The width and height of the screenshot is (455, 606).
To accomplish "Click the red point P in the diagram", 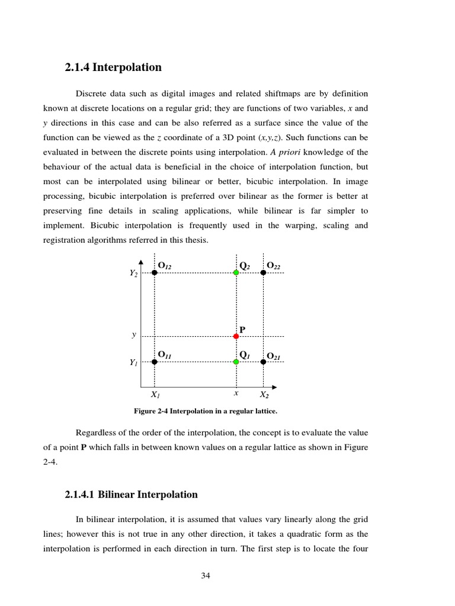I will coord(236,336).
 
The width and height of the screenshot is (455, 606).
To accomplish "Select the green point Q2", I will coord(236,272).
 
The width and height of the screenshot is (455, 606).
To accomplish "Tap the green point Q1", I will coord(236,362).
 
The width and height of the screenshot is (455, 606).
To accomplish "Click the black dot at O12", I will coord(155,272).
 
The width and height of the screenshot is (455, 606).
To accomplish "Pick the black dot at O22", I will coord(264,272).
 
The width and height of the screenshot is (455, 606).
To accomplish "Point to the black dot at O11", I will coord(155,362).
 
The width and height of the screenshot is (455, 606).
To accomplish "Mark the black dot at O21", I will coord(264,362).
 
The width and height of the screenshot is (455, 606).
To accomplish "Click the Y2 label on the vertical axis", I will coord(134,273).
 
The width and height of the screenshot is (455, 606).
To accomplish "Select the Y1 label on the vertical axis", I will coord(134,363).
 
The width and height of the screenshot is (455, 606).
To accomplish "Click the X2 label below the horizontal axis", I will coord(264,395).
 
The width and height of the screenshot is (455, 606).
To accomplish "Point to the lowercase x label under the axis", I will coord(236,393).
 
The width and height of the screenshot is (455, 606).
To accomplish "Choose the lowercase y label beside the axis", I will coord(134,335).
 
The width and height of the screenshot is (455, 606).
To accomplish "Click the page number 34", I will coord(206,575).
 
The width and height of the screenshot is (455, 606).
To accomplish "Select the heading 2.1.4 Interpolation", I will coord(113,67).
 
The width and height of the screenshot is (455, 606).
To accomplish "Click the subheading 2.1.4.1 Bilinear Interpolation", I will coord(132,494).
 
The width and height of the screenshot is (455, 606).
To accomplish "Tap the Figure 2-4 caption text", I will coord(206,411).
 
